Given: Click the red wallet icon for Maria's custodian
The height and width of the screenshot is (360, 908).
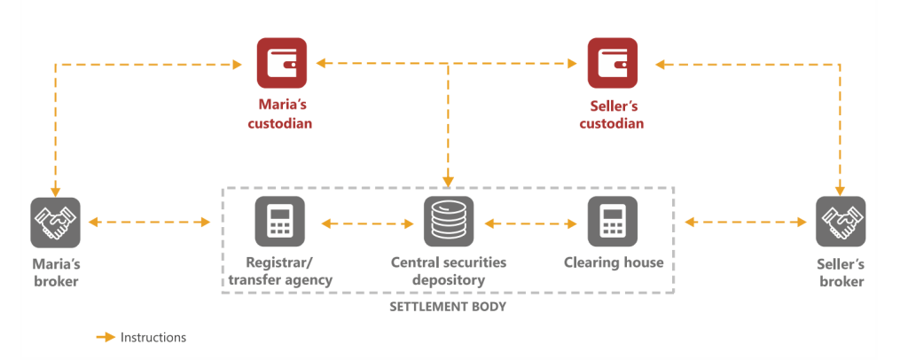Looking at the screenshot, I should point(281,63).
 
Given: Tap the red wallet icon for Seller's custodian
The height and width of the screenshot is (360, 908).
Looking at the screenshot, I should point(612,63).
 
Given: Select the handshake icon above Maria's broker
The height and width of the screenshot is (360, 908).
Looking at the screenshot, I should point(55,222).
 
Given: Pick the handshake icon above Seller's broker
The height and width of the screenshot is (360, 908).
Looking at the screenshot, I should point(840,222).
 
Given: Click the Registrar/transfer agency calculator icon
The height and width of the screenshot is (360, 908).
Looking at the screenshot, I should point(280,222).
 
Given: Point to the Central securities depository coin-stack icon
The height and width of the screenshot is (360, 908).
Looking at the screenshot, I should point(448,222).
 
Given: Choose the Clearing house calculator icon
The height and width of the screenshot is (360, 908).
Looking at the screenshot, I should point(613,222).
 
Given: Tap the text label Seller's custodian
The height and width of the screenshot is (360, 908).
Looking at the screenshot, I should point(612,114).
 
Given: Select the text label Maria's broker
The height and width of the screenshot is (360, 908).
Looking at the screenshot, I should point(55,272).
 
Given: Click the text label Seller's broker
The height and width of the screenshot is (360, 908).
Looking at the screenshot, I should point(840,272).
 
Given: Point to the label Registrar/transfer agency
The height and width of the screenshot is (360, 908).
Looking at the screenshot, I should point(280,271).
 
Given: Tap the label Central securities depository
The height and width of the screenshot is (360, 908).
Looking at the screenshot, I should point(449,271).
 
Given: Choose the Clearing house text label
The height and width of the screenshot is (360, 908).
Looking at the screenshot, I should point(614,262).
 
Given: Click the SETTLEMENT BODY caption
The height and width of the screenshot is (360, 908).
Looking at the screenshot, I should point(448,309).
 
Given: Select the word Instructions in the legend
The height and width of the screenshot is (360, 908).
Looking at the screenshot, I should point(153,338).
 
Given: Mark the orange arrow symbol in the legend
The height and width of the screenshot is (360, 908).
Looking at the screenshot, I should point(106,338).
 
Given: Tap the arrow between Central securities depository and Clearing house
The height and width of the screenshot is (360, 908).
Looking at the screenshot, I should point(530,223).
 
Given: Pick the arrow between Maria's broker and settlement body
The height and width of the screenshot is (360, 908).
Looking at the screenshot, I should point(149,223).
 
